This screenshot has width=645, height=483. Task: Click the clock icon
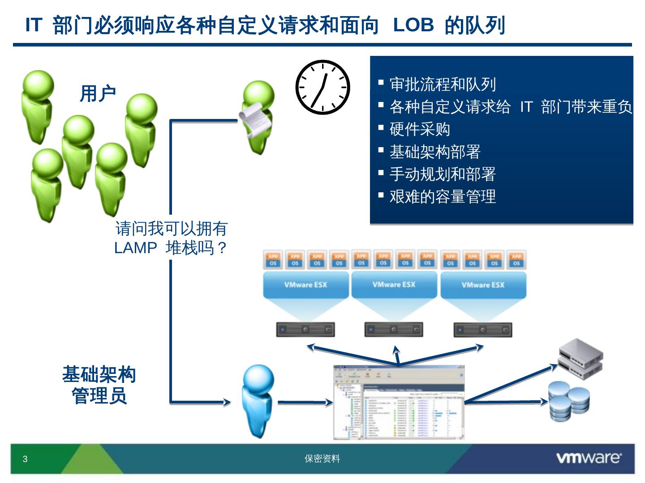322,87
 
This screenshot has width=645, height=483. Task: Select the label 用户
98,94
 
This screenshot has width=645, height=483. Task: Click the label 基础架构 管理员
99,385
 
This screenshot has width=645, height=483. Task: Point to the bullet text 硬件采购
420,129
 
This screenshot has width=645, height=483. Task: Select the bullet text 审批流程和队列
443,84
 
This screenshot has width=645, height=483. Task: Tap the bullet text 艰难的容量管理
443,196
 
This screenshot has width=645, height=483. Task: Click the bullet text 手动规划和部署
443,174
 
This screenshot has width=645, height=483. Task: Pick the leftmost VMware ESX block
305,285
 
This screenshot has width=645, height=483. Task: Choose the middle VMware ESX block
394,284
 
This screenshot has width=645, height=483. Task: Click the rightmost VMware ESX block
483,285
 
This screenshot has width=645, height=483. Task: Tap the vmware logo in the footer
588,458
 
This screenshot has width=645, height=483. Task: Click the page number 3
25,459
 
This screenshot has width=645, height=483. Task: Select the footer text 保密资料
322,458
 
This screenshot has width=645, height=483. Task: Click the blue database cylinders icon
569,402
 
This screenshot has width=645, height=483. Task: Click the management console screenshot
399,402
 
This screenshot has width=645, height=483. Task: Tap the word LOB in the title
413,25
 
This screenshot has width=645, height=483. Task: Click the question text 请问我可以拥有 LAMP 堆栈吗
171,238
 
